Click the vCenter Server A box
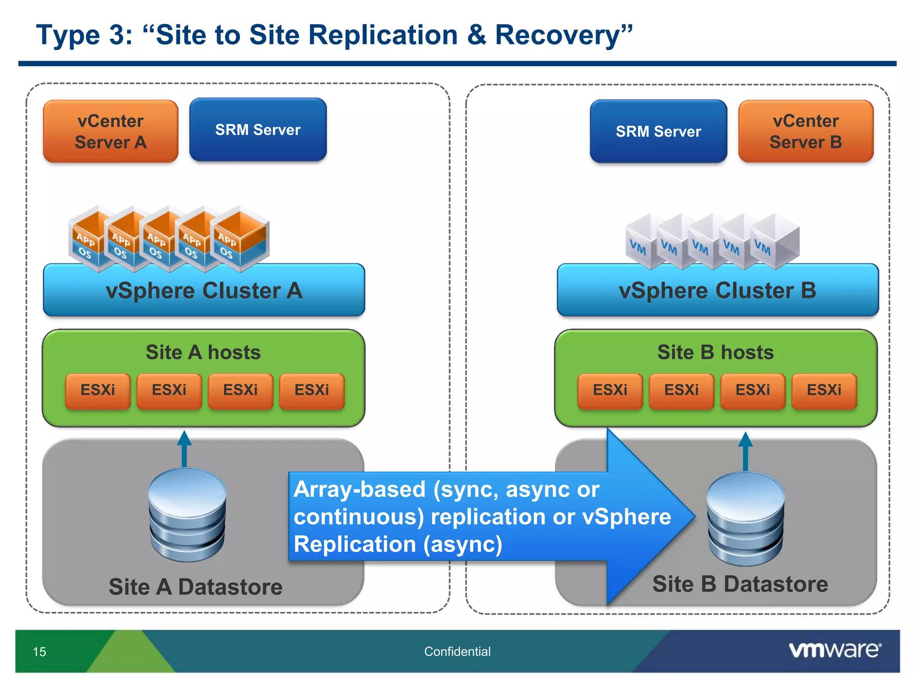point(110,131)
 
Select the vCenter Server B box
point(806,131)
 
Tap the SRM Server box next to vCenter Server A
point(258,130)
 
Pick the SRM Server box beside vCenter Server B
point(658,131)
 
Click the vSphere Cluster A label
point(204,291)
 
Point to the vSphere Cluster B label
point(717,291)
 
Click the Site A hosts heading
point(203,352)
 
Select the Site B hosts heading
point(715,352)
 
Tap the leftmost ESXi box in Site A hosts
point(97,390)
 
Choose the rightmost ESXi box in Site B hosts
point(824,390)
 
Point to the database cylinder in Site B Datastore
point(745,518)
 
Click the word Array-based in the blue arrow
point(359,489)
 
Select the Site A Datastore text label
point(196,587)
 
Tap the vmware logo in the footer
point(835,650)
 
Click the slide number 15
point(39,652)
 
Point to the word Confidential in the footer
point(457,652)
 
